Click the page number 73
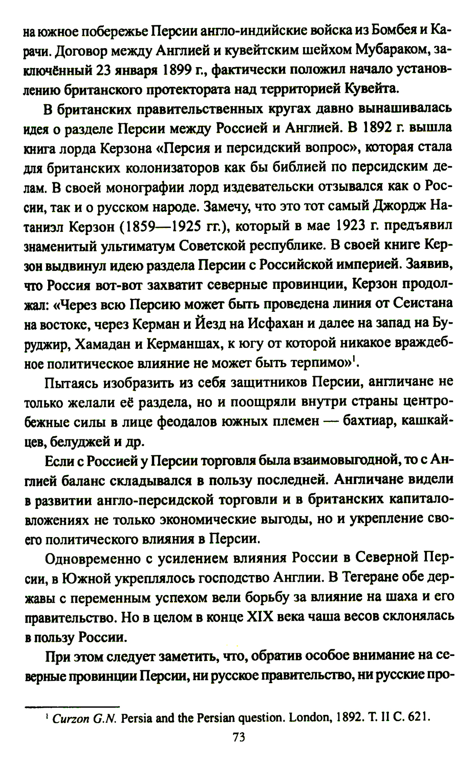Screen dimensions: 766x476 pyautogui.click(x=238, y=737)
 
